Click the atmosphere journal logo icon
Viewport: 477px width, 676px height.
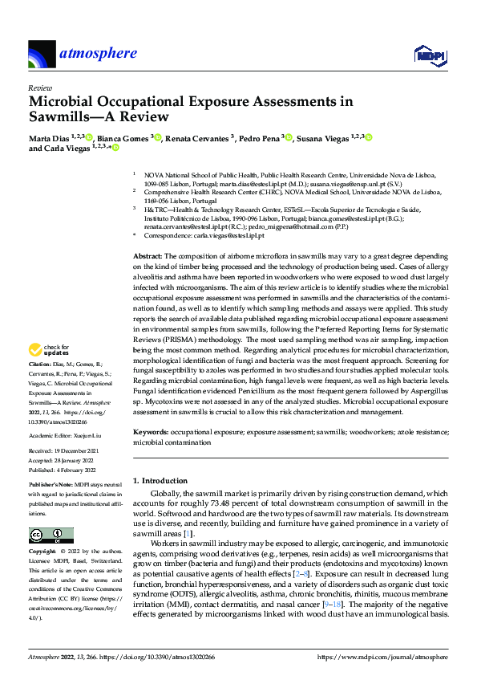tap(41, 55)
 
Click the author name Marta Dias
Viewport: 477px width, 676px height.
tap(48, 138)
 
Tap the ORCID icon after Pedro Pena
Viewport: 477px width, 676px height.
tap(287, 138)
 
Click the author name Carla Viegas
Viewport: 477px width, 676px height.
tap(67, 148)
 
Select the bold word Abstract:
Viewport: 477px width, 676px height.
tap(148, 254)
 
